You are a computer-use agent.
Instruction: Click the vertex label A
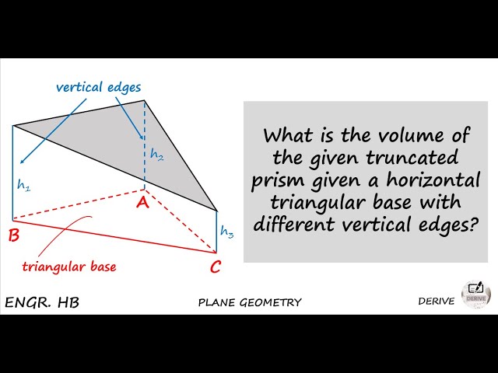pos(142,203)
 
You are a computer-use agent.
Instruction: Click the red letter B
pos(13,235)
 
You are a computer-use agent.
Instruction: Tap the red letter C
pos(216,268)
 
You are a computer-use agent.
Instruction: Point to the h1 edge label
pos(24,185)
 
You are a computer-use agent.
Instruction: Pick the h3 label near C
pos(226,231)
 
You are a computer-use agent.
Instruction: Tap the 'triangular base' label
pos(68,267)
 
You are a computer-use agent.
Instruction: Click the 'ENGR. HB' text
pos(42,302)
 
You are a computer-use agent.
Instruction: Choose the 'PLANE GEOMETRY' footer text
pos(250,302)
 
